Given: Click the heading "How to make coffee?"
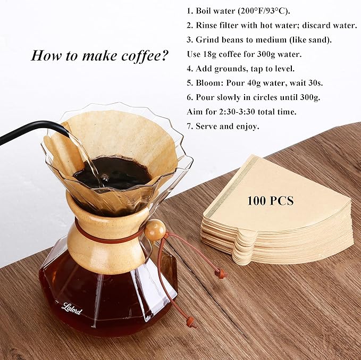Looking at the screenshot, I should point(99,55).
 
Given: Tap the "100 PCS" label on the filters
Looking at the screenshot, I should point(270,201).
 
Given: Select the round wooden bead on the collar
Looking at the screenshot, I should point(155,230).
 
